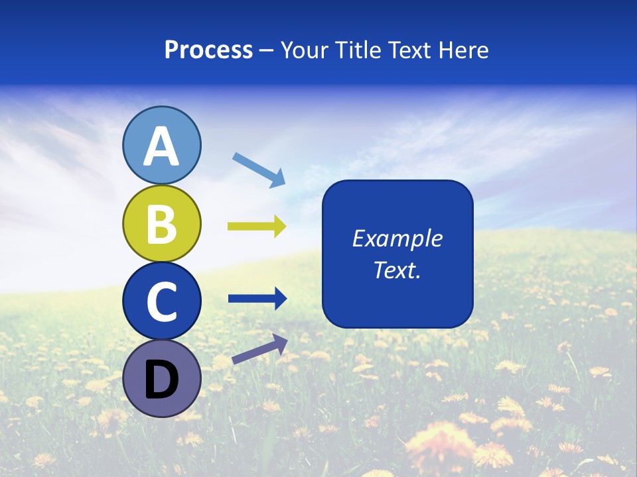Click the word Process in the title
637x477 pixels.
click(208, 50)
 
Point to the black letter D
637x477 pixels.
click(162, 380)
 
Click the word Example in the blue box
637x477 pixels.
click(397, 238)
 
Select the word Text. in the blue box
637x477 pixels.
click(397, 270)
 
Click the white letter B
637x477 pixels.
click(162, 224)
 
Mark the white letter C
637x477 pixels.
click(162, 301)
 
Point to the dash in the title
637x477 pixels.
click(267, 51)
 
